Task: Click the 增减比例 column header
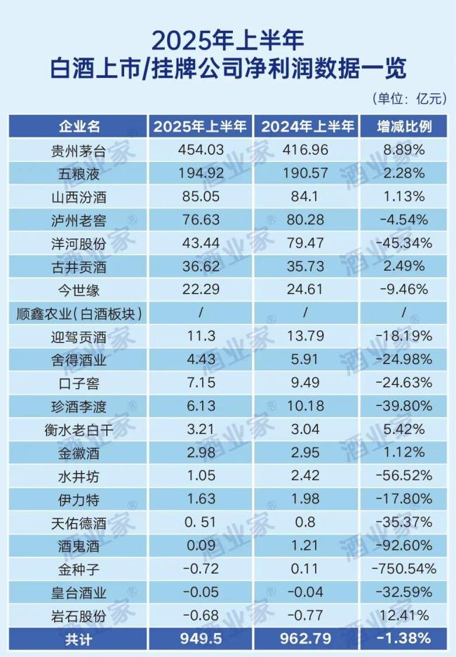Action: coord(402,127)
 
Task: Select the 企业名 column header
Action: coord(79,127)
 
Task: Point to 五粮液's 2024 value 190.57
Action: coord(307,172)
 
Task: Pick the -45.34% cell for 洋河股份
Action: coord(402,243)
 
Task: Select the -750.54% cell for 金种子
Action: coord(402,568)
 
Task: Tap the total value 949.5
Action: coord(201,639)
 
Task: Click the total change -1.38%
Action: coord(402,639)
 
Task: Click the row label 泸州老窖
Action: coord(79,219)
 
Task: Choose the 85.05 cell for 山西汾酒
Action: coord(201,196)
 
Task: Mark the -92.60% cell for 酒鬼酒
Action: coord(402,545)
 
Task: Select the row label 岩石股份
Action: coord(79,616)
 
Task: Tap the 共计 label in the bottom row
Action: coord(79,639)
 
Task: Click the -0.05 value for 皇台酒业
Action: coord(201,592)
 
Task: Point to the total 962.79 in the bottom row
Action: coord(307,639)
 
